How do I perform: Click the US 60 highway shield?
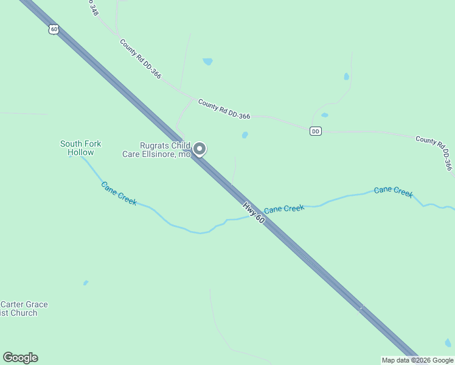coord(54,29)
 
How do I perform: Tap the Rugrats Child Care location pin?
coord(199,149)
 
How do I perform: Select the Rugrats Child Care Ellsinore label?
coord(165,150)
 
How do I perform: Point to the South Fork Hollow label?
coord(80,148)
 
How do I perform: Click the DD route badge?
coord(315,131)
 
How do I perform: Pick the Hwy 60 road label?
coord(254,213)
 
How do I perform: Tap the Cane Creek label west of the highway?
coord(119,193)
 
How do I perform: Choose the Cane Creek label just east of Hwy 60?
coord(284,209)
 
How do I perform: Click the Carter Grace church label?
coord(24,308)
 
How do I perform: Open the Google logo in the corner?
coord(20,358)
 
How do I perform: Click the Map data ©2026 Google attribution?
coord(417,360)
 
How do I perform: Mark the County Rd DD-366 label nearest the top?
coord(141,59)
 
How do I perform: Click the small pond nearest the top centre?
coord(207,61)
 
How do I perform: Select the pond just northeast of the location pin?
coord(245,135)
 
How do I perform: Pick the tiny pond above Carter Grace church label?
coord(86,283)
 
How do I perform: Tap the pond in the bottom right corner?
coord(448,343)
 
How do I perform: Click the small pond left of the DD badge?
coord(325,115)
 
